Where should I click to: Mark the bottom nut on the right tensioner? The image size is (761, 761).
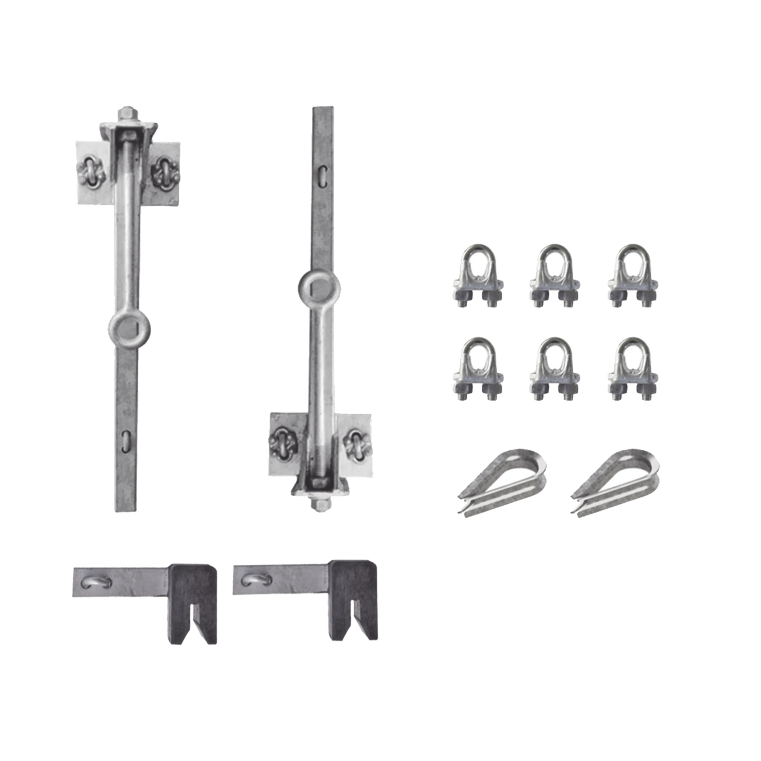click(320, 504)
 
